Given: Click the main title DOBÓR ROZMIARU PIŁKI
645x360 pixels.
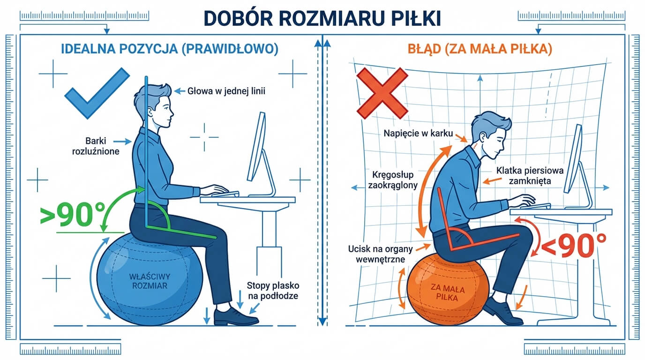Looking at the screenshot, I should (322, 17).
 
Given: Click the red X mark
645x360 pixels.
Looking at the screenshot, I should (382, 92).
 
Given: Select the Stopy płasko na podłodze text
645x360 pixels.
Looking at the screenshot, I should (273, 290).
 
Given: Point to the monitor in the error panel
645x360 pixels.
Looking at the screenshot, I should (573, 158).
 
